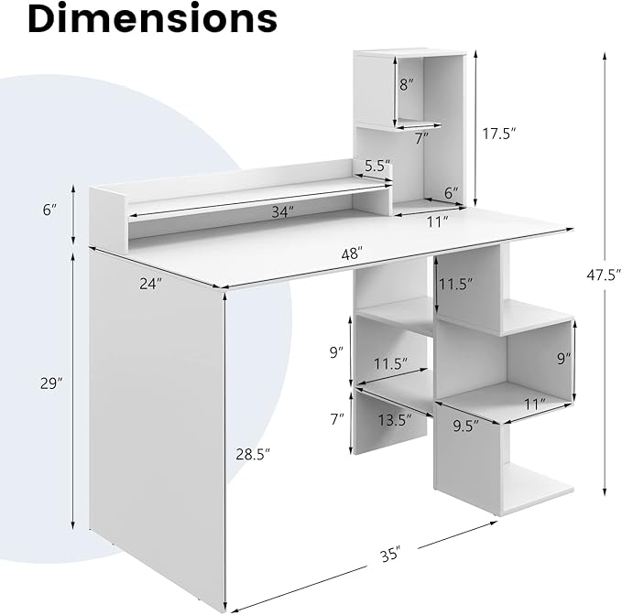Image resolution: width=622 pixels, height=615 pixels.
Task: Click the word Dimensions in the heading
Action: coord(153,18)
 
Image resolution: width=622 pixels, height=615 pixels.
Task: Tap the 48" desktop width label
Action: coord(353,254)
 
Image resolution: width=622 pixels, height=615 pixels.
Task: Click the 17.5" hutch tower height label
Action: coord(499,134)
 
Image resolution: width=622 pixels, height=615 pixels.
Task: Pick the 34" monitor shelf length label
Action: coord(283,212)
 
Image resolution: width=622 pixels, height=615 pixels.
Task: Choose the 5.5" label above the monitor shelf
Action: coord(377,166)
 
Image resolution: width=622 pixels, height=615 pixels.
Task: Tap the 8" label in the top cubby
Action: coord(406,84)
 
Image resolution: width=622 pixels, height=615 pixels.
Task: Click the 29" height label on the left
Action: coord(51,383)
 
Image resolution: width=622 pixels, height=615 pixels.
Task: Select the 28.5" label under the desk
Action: coord(253,454)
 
